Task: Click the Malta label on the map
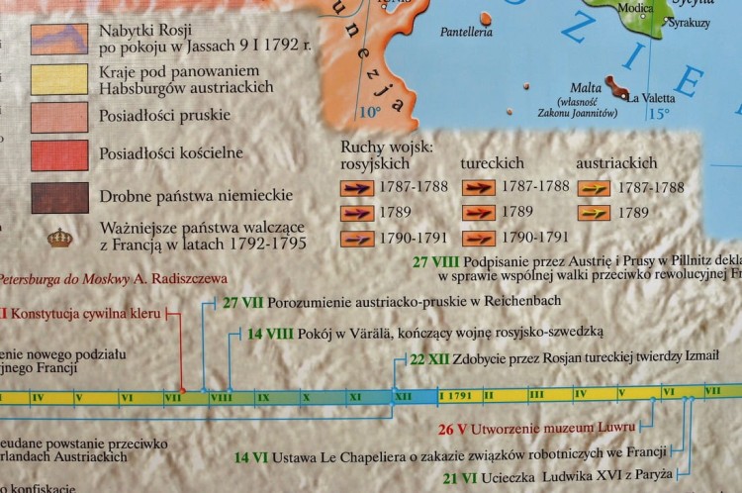pos(588,86)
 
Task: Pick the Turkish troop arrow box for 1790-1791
pos(477,237)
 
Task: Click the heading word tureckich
pos(492,161)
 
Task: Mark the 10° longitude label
pos(369,110)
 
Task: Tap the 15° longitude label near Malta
pos(658,115)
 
